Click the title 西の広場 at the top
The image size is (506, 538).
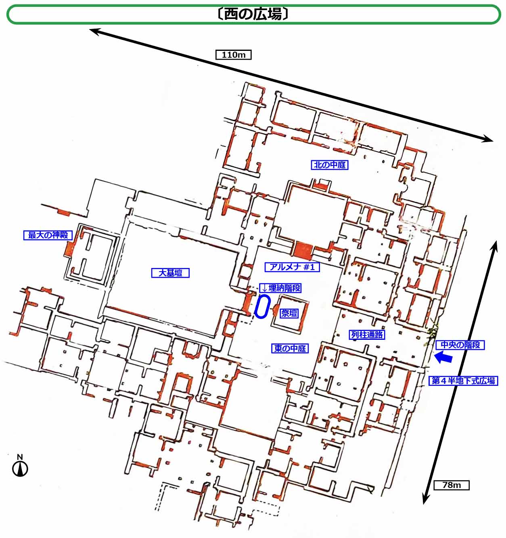253,14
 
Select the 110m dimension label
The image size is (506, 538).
234,55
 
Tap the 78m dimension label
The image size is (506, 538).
452,485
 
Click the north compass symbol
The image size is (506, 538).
20,469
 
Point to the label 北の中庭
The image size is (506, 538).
330,165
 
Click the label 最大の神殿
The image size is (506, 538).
48,235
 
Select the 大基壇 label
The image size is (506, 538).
170,273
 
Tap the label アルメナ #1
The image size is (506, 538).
292,267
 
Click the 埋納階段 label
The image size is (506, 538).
280,288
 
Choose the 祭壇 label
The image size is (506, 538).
289,314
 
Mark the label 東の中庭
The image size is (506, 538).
290,348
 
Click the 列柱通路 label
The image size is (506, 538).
367,335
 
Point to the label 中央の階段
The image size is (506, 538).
460,345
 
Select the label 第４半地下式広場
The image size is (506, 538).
463,381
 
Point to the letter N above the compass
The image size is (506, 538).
20,457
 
